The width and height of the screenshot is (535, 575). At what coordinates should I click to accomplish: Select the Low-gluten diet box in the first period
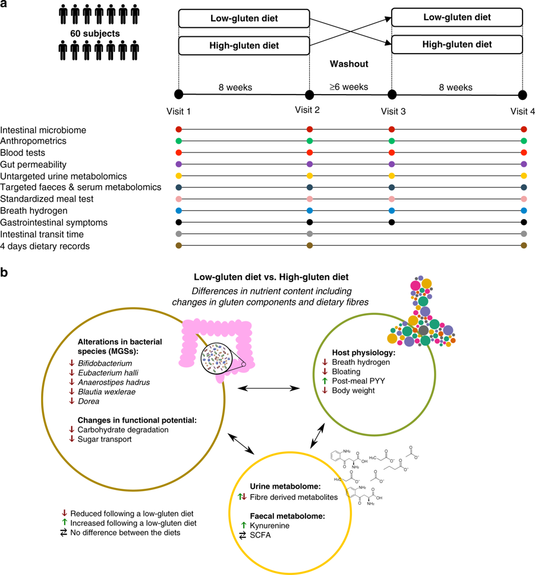pyautogui.click(x=244, y=18)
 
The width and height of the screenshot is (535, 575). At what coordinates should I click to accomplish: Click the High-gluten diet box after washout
pyautogui.click(x=457, y=44)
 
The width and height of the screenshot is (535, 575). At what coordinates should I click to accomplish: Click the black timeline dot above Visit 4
pyautogui.click(x=523, y=95)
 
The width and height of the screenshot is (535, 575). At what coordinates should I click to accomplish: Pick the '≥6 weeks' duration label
pyautogui.click(x=350, y=87)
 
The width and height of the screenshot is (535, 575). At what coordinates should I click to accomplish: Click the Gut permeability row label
pyautogui.click(x=33, y=164)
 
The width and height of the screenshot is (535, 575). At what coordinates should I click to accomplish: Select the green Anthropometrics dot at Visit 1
pyautogui.click(x=178, y=141)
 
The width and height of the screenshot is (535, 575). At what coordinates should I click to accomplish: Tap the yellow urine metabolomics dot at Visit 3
pyautogui.click(x=391, y=176)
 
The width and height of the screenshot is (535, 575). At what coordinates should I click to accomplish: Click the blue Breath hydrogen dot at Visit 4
pyautogui.click(x=523, y=210)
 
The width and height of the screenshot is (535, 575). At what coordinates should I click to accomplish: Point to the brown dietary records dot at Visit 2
pyautogui.click(x=309, y=245)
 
